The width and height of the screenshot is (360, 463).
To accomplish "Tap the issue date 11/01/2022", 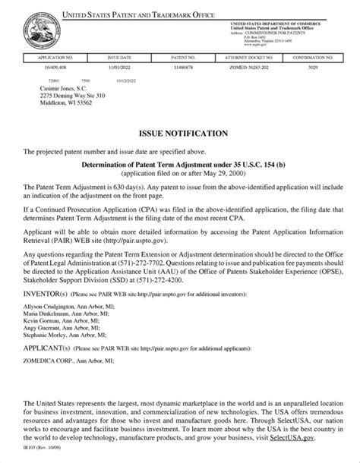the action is pyautogui.click(x=120, y=67).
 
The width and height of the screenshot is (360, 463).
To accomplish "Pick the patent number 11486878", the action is pyautogui.click(x=183, y=67).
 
